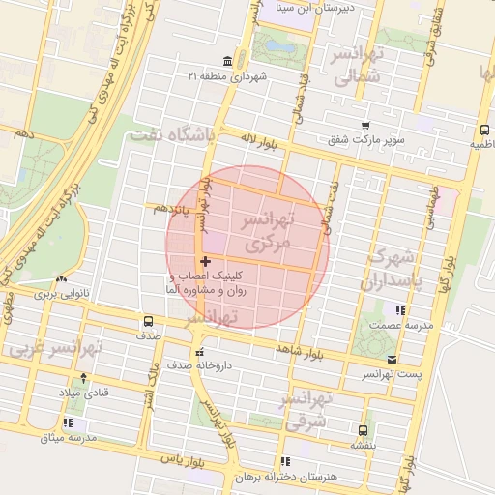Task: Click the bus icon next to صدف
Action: (148, 321)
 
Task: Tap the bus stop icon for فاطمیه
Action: (482, 129)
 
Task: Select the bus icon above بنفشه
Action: (363, 431)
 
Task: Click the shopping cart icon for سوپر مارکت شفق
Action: (364, 126)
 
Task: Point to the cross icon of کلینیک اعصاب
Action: (205, 261)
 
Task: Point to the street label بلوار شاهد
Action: (298, 347)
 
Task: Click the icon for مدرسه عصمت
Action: (399, 310)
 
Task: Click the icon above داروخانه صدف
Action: (200, 353)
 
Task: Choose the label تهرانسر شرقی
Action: (307, 410)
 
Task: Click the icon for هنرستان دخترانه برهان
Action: (283, 462)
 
